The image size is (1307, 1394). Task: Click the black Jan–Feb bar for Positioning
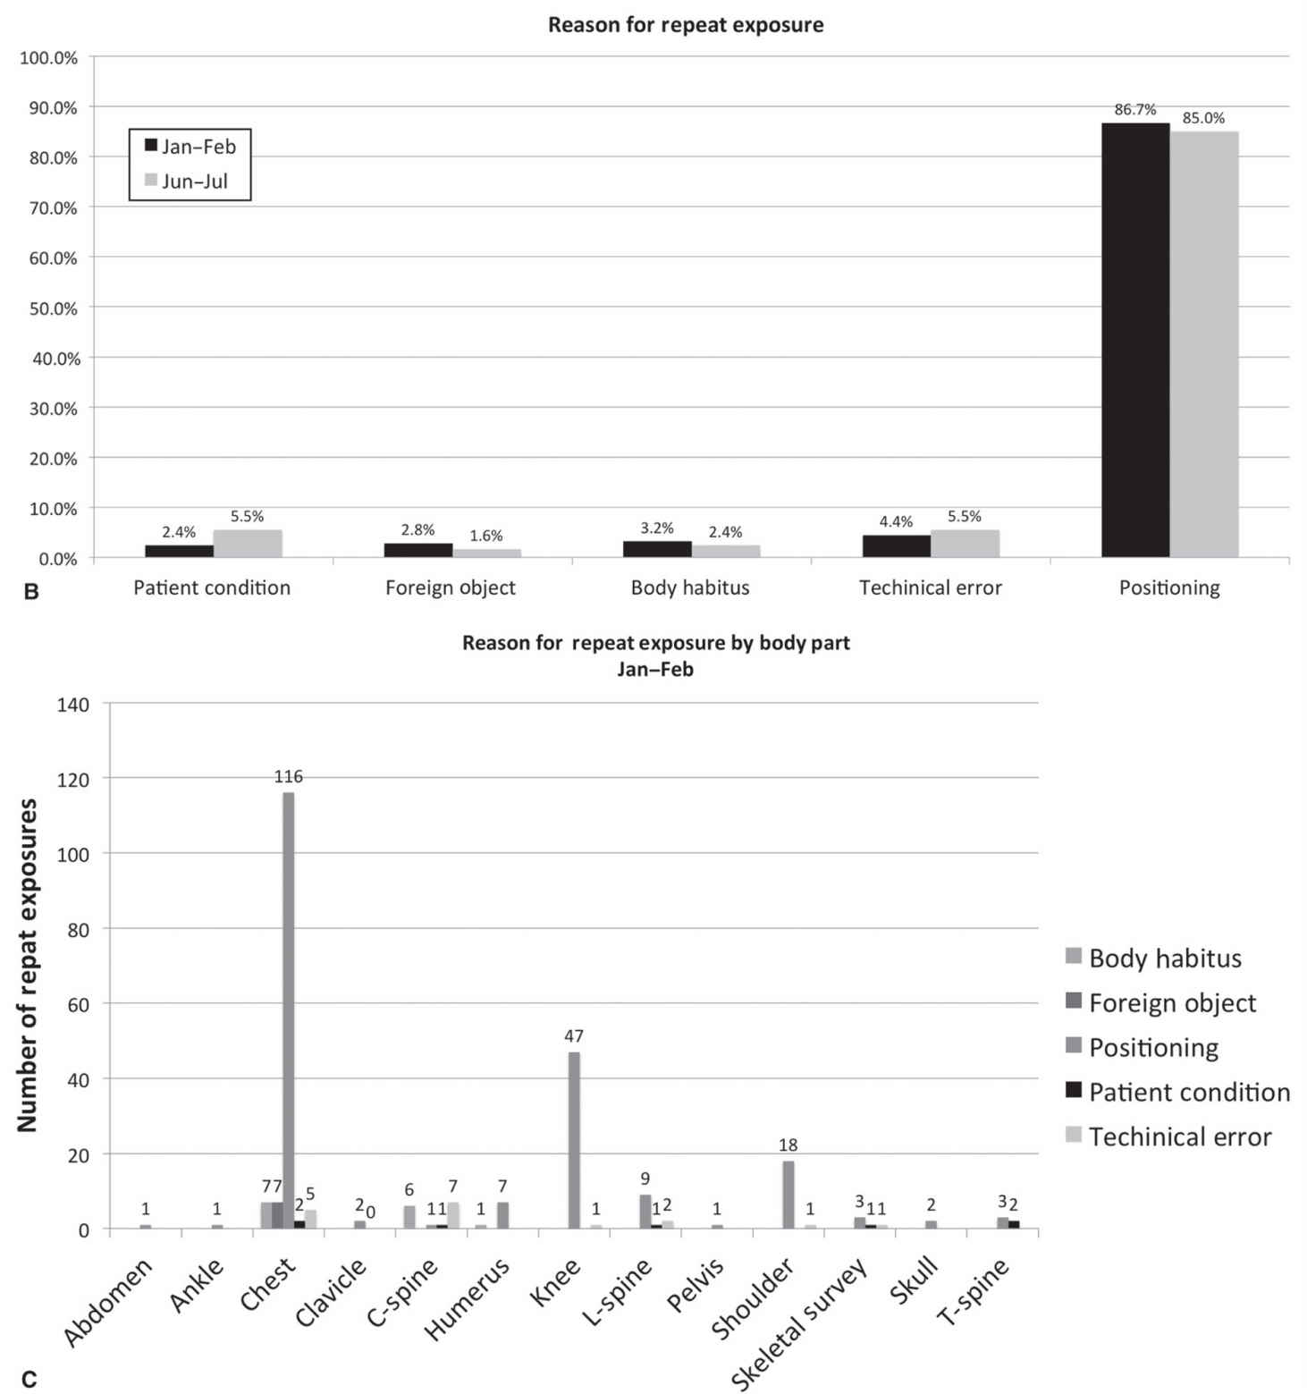(x=1134, y=340)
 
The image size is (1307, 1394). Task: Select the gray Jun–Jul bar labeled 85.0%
(x=1204, y=344)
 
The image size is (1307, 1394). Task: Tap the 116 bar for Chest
(x=288, y=1010)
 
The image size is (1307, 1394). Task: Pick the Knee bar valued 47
(x=574, y=1140)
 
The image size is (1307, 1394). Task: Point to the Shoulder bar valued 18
(x=788, y=1195)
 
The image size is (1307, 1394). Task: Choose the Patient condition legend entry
(x=1188, y=1092)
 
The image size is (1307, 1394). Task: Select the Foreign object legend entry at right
(x=1171, y=1002)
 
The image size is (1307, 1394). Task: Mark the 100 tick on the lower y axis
(x=73, y=854)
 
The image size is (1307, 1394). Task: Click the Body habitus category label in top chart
(x=690, y=587)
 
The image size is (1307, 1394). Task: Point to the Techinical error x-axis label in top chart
(x=930, y=587)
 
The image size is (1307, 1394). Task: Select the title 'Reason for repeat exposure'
(x=686, y=25)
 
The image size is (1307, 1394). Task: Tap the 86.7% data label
(x=1134, y=110)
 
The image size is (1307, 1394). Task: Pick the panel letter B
(x=31, y=591)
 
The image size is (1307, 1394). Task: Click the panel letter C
(x=30, y=1379)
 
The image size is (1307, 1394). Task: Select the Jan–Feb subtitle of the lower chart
(x=655, y=669)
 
